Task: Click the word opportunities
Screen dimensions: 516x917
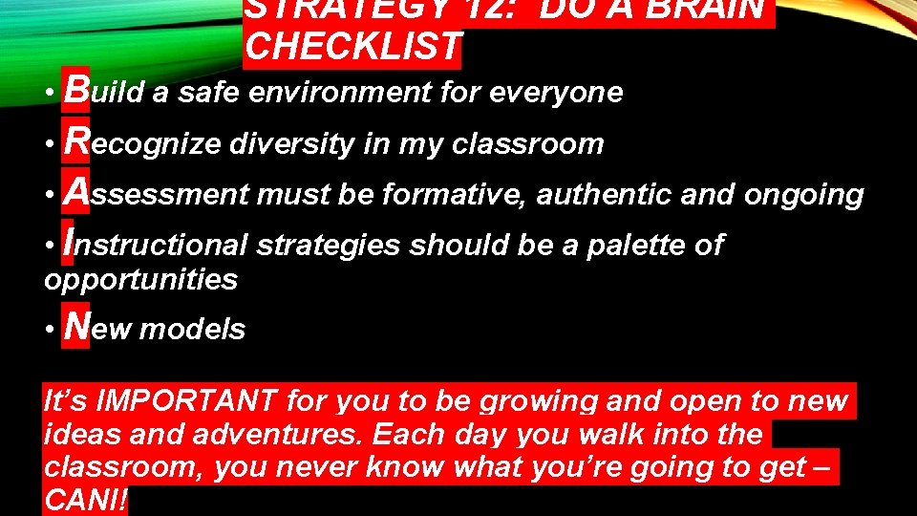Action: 140,280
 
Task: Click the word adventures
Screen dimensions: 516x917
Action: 278,435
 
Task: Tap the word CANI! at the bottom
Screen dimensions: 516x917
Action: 85,500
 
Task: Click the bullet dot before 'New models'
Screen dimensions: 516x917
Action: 50,330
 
